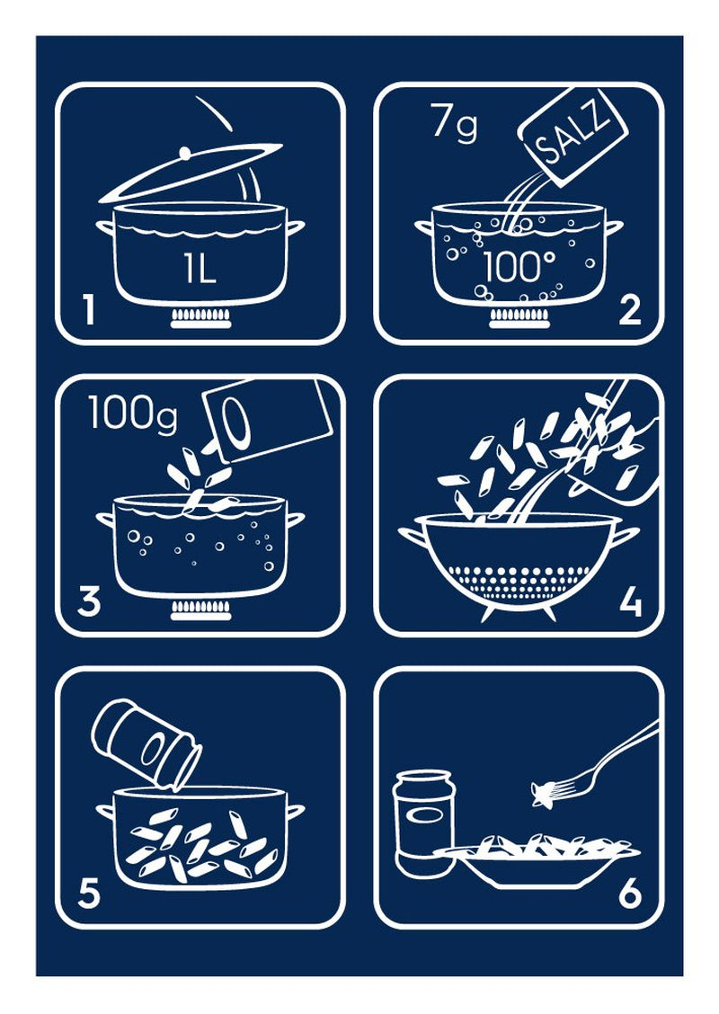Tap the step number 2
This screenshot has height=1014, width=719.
point(631,310)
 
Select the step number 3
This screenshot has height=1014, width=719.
point(88,601)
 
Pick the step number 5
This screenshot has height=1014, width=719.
point(88,893)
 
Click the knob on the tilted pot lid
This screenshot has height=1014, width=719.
point(184,155)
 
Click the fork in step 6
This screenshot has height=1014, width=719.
point(593,763)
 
